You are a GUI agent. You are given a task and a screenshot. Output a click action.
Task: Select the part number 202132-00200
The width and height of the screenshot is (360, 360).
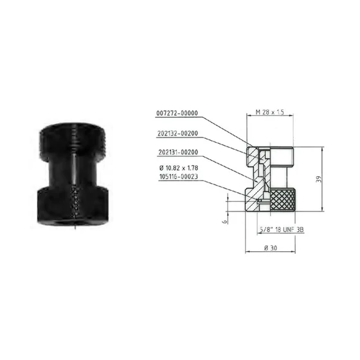[x=176, y=134]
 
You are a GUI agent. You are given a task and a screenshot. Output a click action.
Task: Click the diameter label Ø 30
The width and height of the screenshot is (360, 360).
[x=271, y=248]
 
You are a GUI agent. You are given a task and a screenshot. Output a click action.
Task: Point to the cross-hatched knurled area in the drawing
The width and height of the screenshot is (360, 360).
[x=281, y=201]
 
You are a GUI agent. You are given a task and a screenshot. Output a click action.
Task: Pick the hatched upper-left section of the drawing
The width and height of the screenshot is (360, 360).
[x=256, y=154]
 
